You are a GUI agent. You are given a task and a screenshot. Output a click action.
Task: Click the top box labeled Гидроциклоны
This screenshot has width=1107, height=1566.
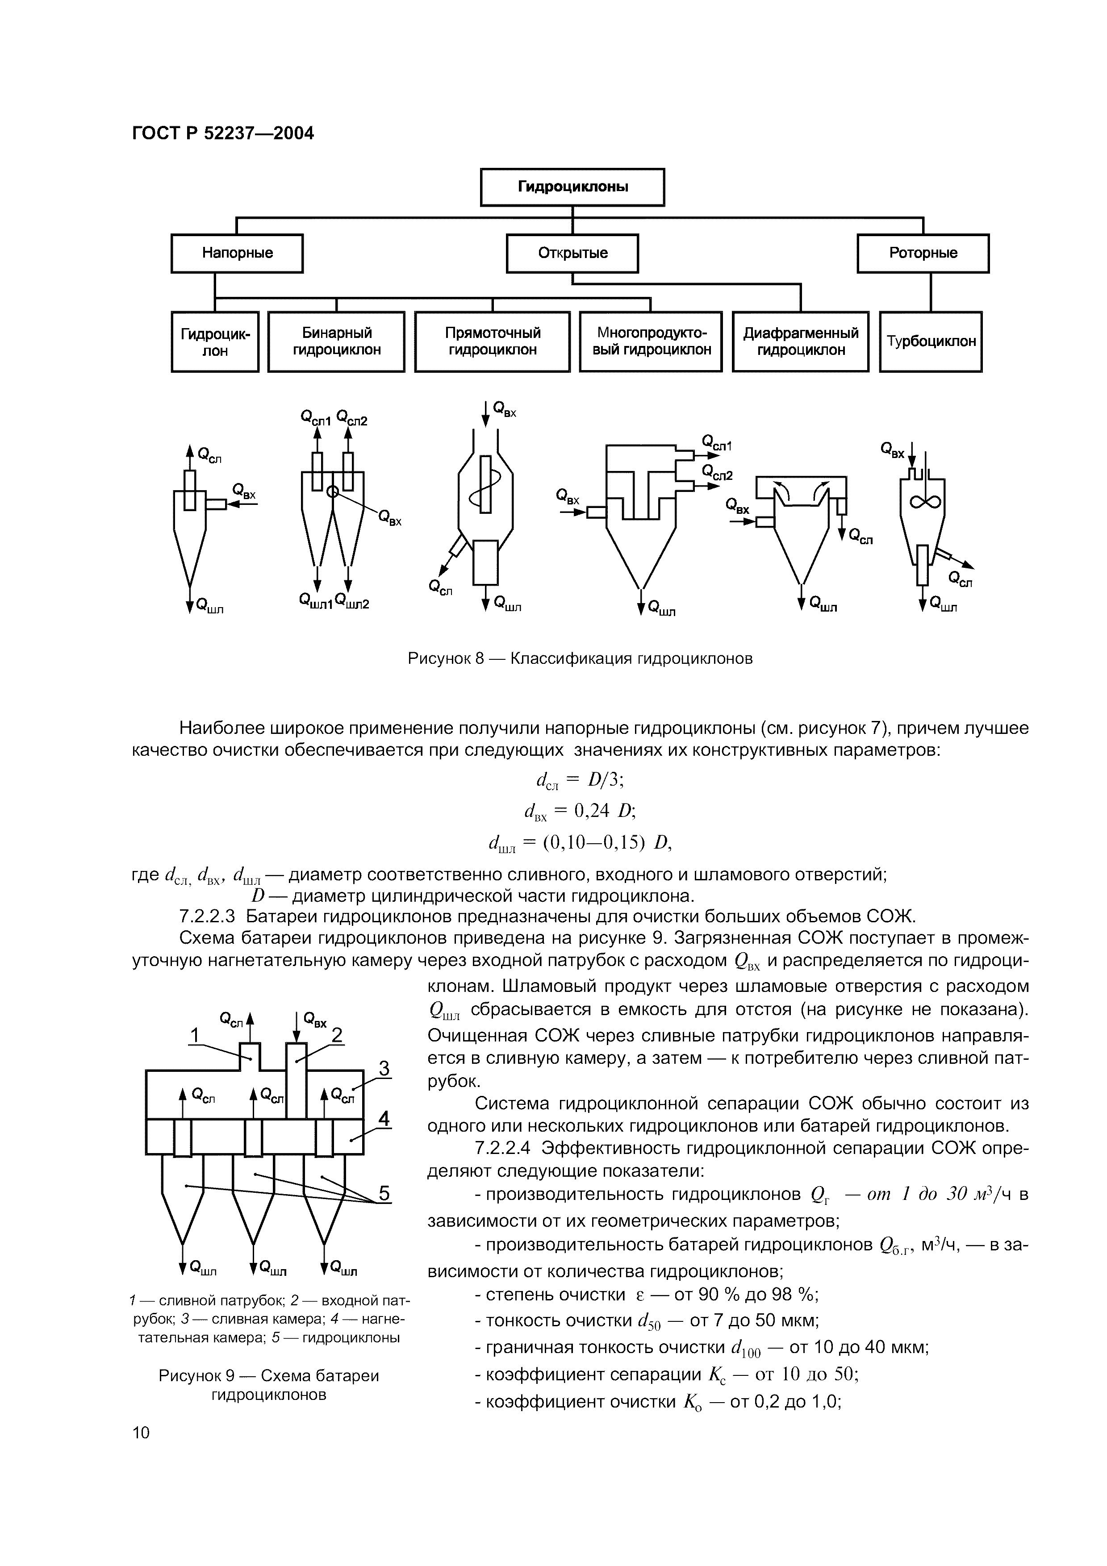(572, 187)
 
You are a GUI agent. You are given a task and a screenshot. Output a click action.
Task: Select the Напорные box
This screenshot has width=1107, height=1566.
(237, 254)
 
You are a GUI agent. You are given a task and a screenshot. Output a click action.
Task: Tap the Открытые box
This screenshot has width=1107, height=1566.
(572, 254)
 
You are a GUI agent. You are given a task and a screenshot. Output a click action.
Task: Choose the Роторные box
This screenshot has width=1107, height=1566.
(923, 254)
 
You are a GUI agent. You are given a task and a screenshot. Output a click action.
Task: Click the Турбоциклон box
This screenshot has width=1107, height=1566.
(930, 342)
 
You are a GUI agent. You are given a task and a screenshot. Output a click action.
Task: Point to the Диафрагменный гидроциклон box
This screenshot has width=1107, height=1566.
(800, 342)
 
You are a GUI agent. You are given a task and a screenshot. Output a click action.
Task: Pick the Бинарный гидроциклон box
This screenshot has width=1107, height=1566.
(336, 342)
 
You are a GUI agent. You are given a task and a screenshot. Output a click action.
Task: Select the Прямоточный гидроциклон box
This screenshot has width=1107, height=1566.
(493, 342)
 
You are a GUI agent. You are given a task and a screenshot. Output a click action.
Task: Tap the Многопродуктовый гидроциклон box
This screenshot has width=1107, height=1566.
(651, 342)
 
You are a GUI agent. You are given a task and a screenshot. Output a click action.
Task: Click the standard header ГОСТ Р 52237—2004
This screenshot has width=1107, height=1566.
(222, 133)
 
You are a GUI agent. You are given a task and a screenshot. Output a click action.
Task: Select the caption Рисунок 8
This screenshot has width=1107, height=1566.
(580, 659)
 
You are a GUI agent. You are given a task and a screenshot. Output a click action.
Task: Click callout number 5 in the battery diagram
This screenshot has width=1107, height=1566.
(384, 1194)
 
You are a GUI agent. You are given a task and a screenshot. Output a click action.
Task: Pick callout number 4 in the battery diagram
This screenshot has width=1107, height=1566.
(384, 1119)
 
